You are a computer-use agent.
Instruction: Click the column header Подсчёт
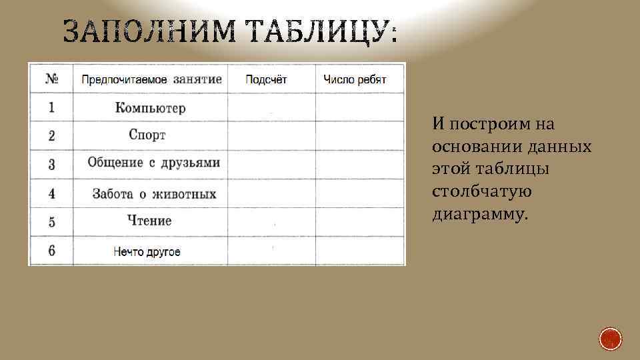(266, 79)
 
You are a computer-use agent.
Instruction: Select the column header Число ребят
(355, 79)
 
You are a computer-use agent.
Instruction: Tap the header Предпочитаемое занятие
(151, 79)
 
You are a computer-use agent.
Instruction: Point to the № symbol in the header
(51, 79)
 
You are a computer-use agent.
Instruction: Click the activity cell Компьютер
(150, 108)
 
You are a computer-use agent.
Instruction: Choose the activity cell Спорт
(147, 135)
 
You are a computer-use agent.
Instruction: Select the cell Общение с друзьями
(153, 163)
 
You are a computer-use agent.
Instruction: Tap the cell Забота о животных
(154, 194)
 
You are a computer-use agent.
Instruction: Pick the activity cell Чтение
(150, 221)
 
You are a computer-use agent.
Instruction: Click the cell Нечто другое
(147, 252)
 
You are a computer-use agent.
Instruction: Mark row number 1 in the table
(51, 107)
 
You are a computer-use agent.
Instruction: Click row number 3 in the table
(51, 164)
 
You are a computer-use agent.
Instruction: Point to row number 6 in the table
(51, 251)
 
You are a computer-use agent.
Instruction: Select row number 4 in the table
(51, 194)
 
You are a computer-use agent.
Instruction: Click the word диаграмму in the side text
(479, 215)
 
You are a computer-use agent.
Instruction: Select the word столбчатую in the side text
(481, 192)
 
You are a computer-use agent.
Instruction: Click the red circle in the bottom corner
(610, 339)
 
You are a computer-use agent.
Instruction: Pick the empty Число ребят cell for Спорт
(360, 135)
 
